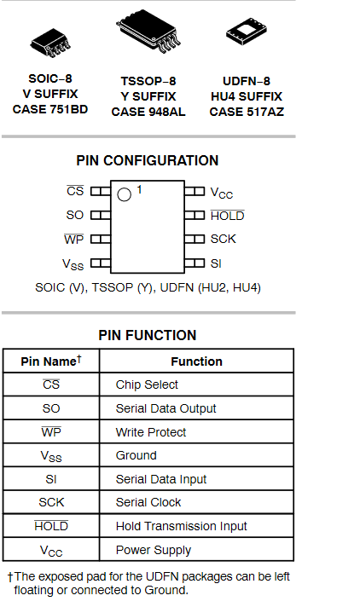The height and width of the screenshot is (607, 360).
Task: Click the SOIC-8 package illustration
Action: pyautogui.click(x=50, y=43)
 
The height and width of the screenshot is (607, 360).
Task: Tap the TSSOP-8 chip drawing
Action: pyautogui.click(x=148, y=31)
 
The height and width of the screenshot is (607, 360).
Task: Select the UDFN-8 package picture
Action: pyautogui.click(x=247, y=31)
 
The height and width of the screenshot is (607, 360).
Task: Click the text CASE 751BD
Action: pyautogui.click(x=50, y=109)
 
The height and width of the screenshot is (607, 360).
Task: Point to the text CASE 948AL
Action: pyautogui.click(x=148, y=112)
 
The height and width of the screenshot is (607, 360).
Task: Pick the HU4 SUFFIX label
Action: pyautogui.click(x=247, y=96)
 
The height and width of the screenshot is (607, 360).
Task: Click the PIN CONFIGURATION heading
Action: pyautogui.click(x=148, y=160)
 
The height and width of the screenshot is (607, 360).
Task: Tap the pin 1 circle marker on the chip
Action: pyautogui.click(x=124, y=194)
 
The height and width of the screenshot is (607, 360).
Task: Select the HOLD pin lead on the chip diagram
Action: pyautogui.click(x=195, y=215)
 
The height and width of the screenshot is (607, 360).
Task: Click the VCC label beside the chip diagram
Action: pyautogui.click(x=221, y=193)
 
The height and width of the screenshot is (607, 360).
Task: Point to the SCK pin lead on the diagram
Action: pyautogui.click(x=195, y=240)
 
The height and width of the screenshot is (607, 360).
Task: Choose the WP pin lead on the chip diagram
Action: pyautogui.click(x=101, y=240)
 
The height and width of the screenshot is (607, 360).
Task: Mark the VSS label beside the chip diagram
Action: pyautogui.click(x=73, y=264)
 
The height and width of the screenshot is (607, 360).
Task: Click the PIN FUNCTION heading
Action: pyautogui.click(x=148, y=335)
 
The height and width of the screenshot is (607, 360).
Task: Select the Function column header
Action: pyautogui.click(x=196, y=361)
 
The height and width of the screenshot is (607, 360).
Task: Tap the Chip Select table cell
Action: pyautogui.click(x=196, y=384)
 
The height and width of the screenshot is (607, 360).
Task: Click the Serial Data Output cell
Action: pyautogui.click(x=196, y=408)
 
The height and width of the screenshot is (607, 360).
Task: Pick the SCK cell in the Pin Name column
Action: pyautogui.click(x=51, y=502)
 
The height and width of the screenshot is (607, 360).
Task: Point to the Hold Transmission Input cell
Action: pyautogui.click(x=196, y=526)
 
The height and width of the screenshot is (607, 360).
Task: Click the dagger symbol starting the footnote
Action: pyautogui.click(x=10, y=577)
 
